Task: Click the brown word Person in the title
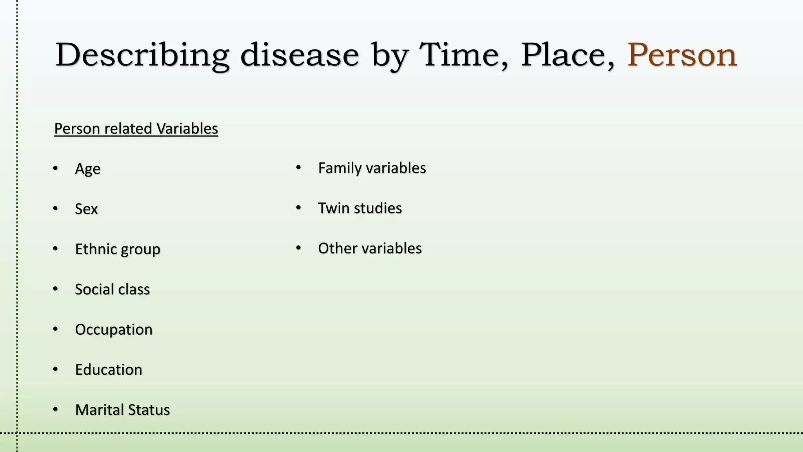[x=682, y=55]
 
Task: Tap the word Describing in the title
[x=142, y=55]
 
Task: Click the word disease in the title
[x=300, y=55]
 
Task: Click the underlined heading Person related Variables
[x=136, y=129]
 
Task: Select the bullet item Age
[x=88, y=169]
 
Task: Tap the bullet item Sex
[x=86, y=209]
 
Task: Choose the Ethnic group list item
[x=118, y=249]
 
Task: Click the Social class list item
[x=113, y=289]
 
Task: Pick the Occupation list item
[x=114, y=330]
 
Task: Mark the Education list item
[x=109, y=370]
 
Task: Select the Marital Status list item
[x=122, y=410]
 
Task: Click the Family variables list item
[x=372, y=168]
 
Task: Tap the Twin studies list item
[x=360, y=208]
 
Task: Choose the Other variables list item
[x=370, y=248]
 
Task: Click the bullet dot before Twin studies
[x=298, y=208]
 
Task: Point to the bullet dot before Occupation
[x=55, y=329]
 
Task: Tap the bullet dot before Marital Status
[x=55, y=409]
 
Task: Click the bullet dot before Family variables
[x=298, y=168]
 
